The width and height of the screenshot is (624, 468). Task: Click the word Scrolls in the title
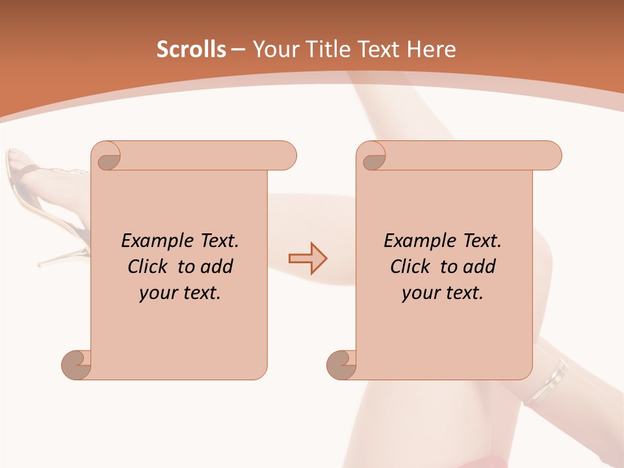point(191,49)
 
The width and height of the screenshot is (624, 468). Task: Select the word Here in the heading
point(432,49)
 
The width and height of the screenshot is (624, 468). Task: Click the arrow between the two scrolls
point(307,258)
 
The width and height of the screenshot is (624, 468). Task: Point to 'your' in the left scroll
point(156,294)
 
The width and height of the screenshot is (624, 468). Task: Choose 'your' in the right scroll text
point(419,294)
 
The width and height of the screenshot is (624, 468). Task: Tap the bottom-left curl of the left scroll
point(76,364)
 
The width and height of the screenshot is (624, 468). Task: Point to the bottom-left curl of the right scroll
point(341,364)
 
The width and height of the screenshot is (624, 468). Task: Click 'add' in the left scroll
point(216,266)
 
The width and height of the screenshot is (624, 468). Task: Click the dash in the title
point(238,49)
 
